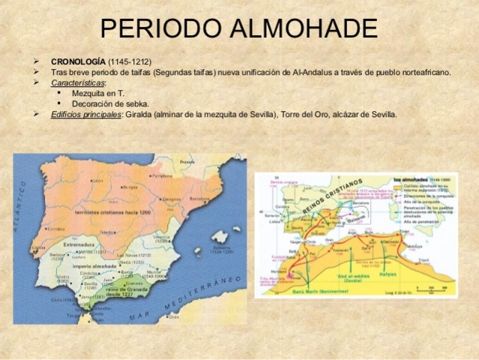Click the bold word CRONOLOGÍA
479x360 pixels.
79,61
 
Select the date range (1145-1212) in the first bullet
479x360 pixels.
134,61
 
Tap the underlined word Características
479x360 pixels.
78,82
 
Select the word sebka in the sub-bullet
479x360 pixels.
137,103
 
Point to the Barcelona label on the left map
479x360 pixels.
199,199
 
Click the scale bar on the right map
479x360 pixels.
424,291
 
